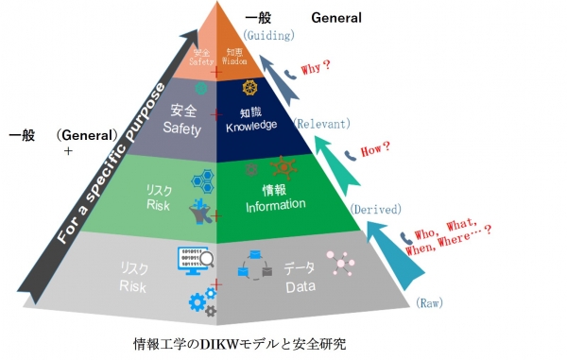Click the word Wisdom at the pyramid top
pyautogui.click(x=235, y=60)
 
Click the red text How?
pyautogui.click(x=375, y=147)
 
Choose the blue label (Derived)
pyautogui.click(x=376, y=209)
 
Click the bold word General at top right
pyautogui.click(x=336, y=17)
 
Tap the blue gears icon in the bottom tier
pyautogui.click(x=201, y=301)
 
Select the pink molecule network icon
pyautogui.click(x=340, y=261)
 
